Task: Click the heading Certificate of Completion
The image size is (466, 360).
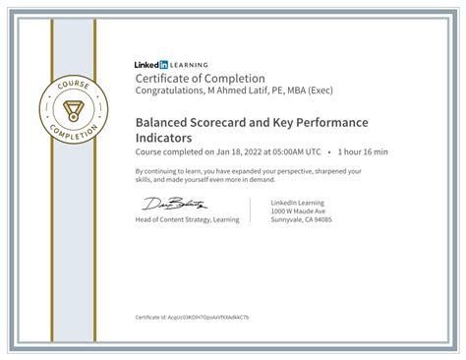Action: [200, 78]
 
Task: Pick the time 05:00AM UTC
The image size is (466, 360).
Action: [293, 152]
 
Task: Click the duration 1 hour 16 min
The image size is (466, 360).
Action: [363, 152]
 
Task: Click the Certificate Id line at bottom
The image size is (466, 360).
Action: [192, 318]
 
